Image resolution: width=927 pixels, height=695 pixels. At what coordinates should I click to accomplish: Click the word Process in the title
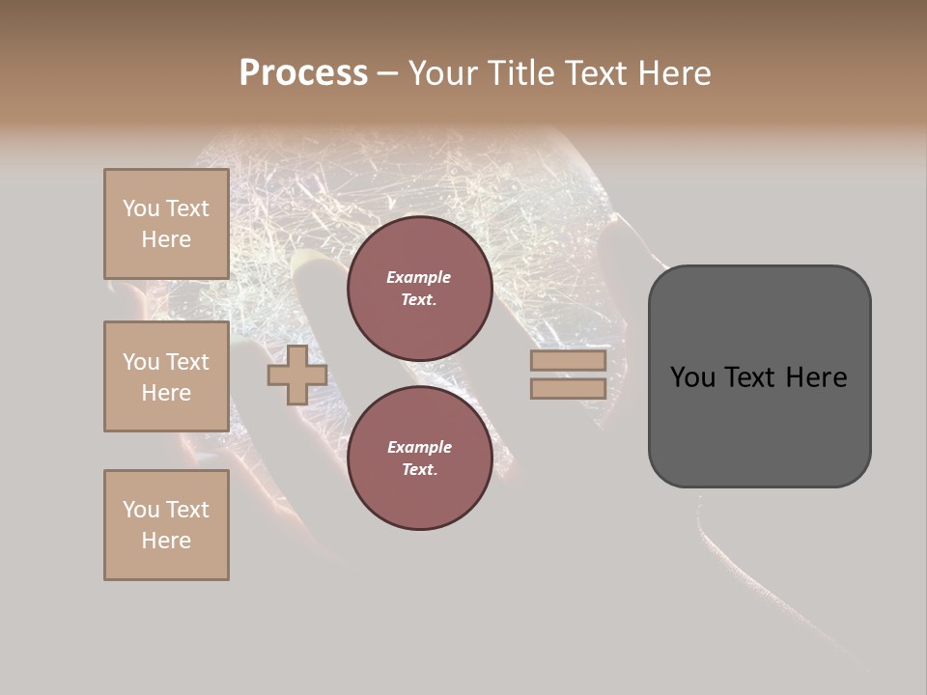[x=303, y=73]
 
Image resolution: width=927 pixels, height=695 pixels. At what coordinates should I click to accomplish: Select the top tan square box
[x=166, y=224]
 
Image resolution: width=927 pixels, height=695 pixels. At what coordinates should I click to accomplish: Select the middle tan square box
[x=166, y=376]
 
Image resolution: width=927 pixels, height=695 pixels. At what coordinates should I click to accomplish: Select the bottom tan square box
[x=166, y=525]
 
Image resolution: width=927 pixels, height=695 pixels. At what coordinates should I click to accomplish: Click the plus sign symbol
[x=297, y=375]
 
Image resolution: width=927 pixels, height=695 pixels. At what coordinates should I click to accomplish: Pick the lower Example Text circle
[x=419, y=459]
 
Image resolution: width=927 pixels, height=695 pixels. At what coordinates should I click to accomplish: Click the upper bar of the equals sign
[x=568, y=360]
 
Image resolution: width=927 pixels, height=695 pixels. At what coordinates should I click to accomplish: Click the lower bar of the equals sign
[x=568, y=388]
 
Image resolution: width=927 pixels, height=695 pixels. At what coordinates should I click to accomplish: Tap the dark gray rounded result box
[x=759, y=425]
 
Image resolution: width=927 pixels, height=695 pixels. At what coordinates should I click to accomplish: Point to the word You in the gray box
[x=691, y=377]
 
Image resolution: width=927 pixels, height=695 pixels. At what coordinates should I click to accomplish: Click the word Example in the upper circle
[x=419, y=277]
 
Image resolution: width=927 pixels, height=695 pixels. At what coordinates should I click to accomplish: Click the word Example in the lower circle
[x=419, y=447]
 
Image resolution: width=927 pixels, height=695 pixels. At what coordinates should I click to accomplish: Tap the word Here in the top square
[x=166, y=239]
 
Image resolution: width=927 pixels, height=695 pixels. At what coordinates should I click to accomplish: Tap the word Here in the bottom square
[x=166, y=541]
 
